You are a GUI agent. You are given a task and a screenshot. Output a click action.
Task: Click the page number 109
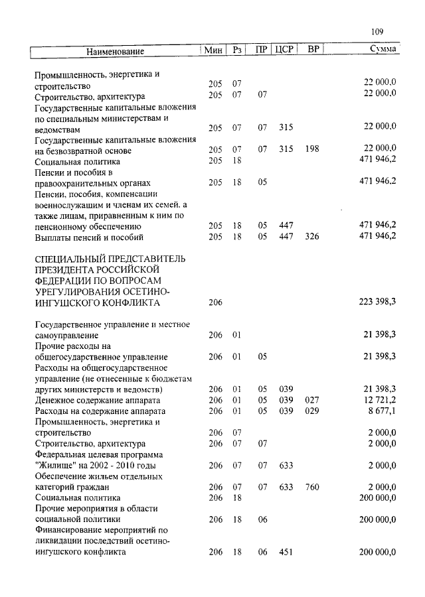click(379, 31)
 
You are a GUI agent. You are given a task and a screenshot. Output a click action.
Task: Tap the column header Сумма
click(383, 50)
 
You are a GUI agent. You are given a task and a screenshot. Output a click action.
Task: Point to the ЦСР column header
click(284, 50)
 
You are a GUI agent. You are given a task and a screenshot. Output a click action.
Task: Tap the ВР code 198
click(312, 149)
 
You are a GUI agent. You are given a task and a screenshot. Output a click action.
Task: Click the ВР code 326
click(312, 236)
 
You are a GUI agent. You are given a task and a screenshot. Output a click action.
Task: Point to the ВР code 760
click(312, 487)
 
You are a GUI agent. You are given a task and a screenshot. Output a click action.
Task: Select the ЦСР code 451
click(286, 552)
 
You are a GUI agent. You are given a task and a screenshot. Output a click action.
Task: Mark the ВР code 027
click(312, 400)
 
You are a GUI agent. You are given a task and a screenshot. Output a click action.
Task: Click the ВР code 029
click(312, 411)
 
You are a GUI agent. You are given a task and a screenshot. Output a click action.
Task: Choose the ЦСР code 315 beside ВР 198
click(286, 149)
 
